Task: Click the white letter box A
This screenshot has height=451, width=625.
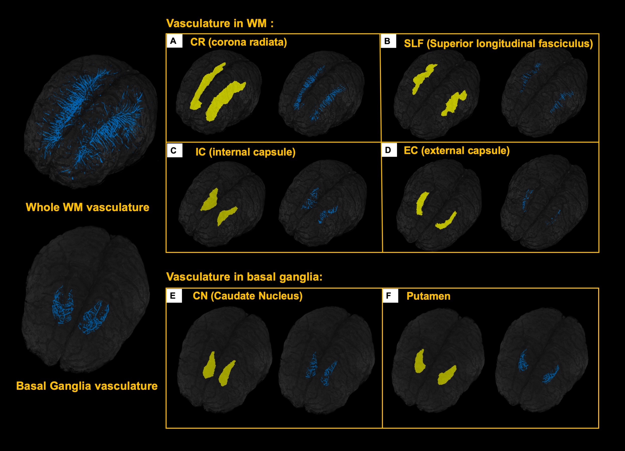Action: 174,41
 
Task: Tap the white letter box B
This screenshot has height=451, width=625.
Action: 388,41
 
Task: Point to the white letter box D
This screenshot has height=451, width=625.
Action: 389,150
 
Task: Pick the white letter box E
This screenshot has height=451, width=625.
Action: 174,296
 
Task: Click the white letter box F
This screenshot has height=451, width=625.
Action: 390,296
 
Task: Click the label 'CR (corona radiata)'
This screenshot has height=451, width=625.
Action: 238,42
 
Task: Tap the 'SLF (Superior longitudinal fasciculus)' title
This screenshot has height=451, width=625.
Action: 498,44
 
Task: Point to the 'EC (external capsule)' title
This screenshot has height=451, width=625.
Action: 457,151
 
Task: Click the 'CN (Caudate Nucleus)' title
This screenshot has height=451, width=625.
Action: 248,296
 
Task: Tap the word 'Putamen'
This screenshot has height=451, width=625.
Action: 428,296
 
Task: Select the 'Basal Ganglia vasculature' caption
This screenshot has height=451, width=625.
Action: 87,386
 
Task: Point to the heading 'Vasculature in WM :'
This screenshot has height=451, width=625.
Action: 220,23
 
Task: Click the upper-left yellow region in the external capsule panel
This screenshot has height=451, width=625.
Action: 422,203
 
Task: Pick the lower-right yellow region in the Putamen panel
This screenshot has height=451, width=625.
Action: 447,375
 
